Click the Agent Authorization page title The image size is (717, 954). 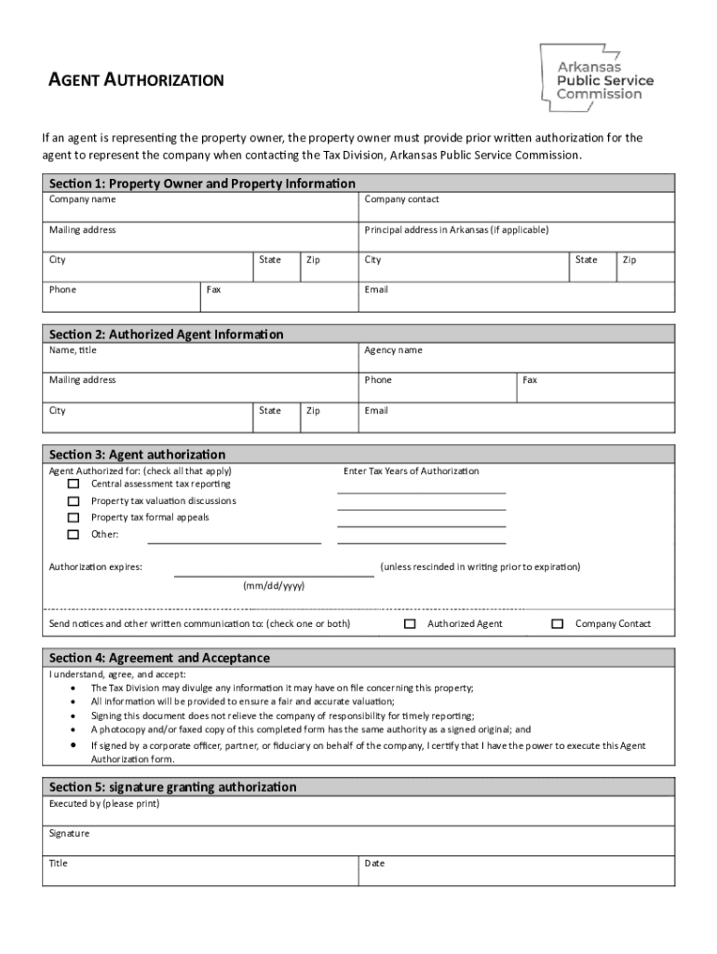[x=136, y=80]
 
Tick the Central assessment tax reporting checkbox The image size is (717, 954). [x=74, y=484]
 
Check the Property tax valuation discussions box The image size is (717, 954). [x=74, y=501]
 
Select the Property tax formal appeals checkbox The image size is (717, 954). [x=74, y=518]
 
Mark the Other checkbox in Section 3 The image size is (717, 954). [x=74, y=535]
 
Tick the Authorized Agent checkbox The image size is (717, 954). [x=410, y=624]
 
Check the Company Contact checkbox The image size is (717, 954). [x=558, y=624]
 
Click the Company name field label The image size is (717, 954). [x=83, y=199]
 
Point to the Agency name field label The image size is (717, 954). [x=393, y=350]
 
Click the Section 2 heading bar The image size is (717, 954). [x=358, y=334]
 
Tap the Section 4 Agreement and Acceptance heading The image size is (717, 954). [x=159, y=658]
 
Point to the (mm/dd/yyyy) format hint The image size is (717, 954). [x=274, y=586]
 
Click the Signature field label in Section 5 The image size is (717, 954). [x=70, y=833]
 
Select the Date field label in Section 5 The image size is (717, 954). [x=374, y=864]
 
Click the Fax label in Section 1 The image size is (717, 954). [x=214, y=290]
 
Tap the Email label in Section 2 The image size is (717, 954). [x=376, y=411]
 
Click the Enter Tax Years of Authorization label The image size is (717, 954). [x=412, y=471]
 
